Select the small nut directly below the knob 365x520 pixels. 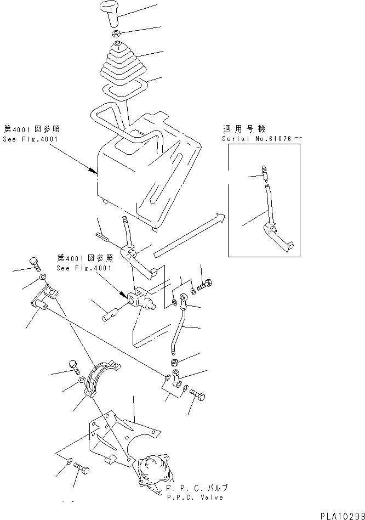coord(116,35)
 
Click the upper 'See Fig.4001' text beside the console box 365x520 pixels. coord(31,140)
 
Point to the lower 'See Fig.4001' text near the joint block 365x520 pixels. coord(84,268)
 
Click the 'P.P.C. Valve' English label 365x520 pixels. coord(196,497)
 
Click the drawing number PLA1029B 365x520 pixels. coord(339,512)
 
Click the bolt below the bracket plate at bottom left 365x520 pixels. coord(82,469)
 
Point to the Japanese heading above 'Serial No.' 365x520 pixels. coord(244,129)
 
